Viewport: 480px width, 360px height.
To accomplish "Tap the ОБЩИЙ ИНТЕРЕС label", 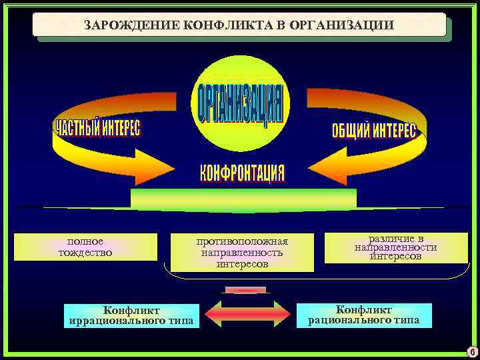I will tap(373, 130).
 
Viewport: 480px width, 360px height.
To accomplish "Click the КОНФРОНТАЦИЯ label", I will tap(243, 173).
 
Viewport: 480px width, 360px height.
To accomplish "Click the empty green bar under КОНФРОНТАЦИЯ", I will tap(243, 198).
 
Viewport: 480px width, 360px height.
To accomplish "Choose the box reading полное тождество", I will tap(85, 247).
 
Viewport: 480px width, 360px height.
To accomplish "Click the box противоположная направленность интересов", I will tap(241, 253).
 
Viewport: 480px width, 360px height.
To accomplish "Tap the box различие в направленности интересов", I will tap(396, 247).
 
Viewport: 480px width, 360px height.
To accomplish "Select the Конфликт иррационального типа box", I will tap(132, 315).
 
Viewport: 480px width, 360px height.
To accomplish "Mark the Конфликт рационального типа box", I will tap(363, 315).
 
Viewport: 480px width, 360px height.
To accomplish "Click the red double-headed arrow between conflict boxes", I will tap(247, 314).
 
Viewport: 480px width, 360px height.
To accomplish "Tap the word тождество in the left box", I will tap(85, 253).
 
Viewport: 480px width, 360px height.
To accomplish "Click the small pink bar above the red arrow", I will tap(245, 290).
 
